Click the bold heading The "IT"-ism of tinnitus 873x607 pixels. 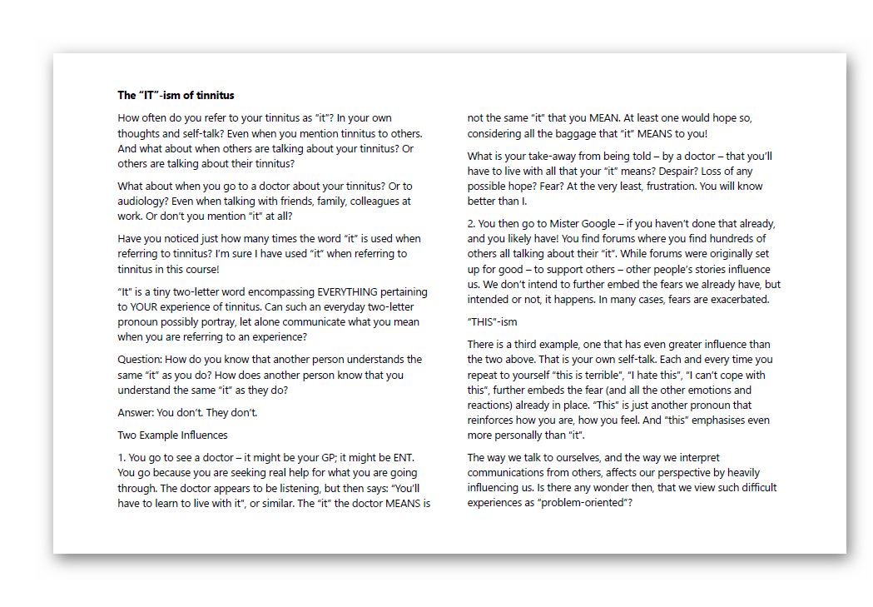tap(176, 95)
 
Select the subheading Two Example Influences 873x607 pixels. tap(172, 435)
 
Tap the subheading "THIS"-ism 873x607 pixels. tap(493, 321)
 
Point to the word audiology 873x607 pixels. tap(142, 202)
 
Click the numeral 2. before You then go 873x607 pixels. tap(472, 224)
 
